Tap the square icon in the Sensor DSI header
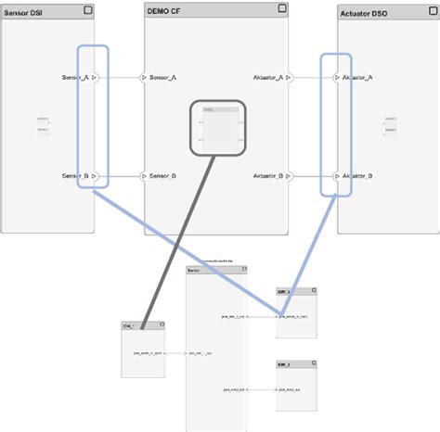(86, 8)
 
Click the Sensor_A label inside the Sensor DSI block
(75, 78)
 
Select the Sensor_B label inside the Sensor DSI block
(75, 175)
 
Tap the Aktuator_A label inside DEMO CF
(267, 78)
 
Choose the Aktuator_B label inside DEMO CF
(267, 175)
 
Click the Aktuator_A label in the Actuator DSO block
(357, 78)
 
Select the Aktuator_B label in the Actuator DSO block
(357, 175)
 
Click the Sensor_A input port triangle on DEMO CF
(143, 78)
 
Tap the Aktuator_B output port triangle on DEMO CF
(289, 175)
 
